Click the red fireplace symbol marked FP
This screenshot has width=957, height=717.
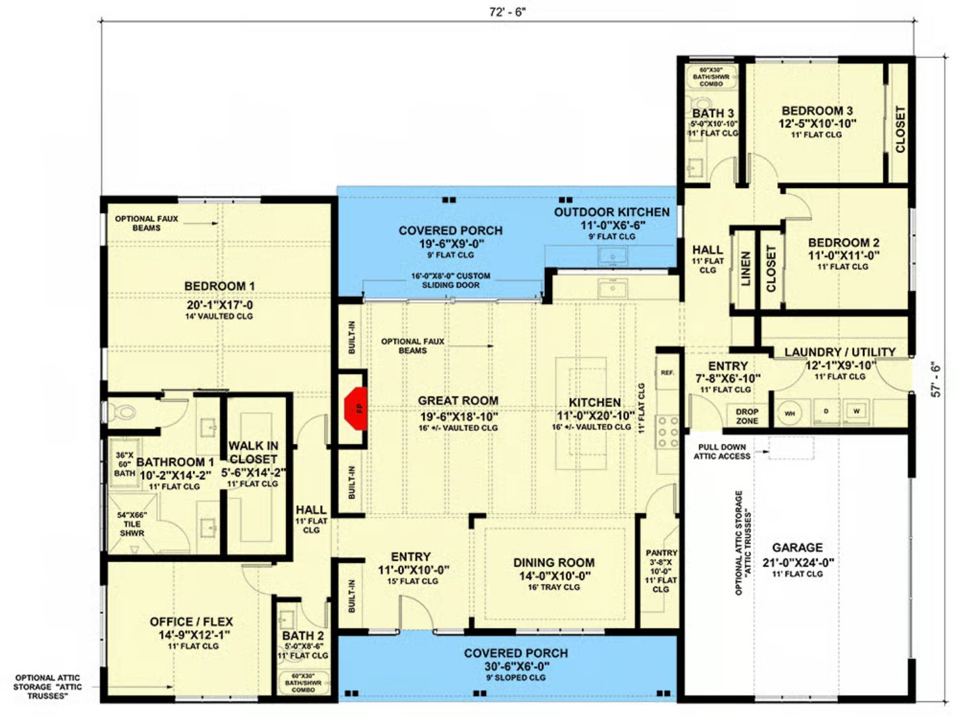click(356, 407)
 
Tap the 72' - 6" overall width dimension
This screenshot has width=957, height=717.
click(507, 12)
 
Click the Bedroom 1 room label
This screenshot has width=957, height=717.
click(219, 286)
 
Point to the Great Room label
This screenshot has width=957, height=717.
click(457, 400)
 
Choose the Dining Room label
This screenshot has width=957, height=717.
click(553, 562)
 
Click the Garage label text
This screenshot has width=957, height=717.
click(797, 548)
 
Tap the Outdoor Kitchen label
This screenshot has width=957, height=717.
click(612, 212)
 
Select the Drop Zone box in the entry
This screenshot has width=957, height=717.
click(747, 416)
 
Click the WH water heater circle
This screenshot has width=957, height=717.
click(790, 413)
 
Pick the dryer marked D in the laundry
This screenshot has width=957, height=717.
click(825, 411)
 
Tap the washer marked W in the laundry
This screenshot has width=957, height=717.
click(856, 411)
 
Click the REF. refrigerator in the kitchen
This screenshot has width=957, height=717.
click(667, 372)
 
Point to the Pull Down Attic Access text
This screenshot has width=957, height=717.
click(722, 452)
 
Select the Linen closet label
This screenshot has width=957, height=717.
click(745, 269)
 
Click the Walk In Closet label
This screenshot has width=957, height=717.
click(253, 452)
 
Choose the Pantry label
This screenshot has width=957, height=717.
click(661, 553)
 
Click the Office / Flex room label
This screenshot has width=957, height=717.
click(191, 621)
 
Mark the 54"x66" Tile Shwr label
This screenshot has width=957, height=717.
click(132, 524)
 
